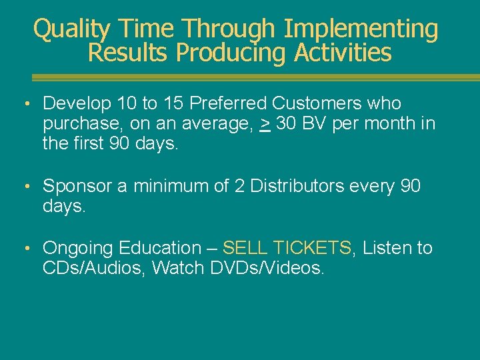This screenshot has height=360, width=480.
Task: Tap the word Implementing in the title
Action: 361,29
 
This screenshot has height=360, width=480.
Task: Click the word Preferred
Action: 231,103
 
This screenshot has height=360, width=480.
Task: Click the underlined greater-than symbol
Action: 265,124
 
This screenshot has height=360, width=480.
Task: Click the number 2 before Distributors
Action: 239,186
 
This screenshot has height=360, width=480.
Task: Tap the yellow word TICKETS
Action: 311,248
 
